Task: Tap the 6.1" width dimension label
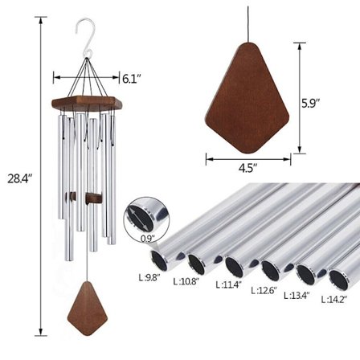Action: tap(132, 79)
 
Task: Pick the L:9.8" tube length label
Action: tap(149, 277)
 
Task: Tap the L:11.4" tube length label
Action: tap(228, 284)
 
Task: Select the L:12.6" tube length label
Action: tap(264, 290)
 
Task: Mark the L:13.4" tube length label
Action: tap(299, 295)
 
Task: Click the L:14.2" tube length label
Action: tap(334, 300)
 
